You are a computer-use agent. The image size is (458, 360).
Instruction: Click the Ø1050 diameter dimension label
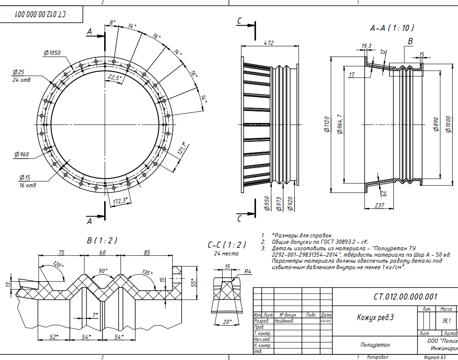point(52,53)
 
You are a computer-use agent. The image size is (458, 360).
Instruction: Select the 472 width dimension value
point(268,43)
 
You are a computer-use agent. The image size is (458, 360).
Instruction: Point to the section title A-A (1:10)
point(392,28)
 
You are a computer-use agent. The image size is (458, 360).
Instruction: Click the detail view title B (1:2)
point(102,240)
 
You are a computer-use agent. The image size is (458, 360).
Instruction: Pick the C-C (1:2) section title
point(227,245)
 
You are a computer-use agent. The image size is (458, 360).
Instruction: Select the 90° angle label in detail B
point(103,271)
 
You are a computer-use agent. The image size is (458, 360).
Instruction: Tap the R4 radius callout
point(247,271)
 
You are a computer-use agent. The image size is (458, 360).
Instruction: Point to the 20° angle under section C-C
point(228,321)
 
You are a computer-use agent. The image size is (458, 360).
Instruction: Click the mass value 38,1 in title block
point(446,321)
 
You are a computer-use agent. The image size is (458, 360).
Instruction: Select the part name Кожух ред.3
point(375,318)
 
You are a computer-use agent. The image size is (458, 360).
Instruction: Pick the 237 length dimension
point(379,205)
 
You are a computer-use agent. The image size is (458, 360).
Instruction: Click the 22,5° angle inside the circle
point(114,78)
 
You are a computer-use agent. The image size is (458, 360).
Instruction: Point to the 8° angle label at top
point(112,22)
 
